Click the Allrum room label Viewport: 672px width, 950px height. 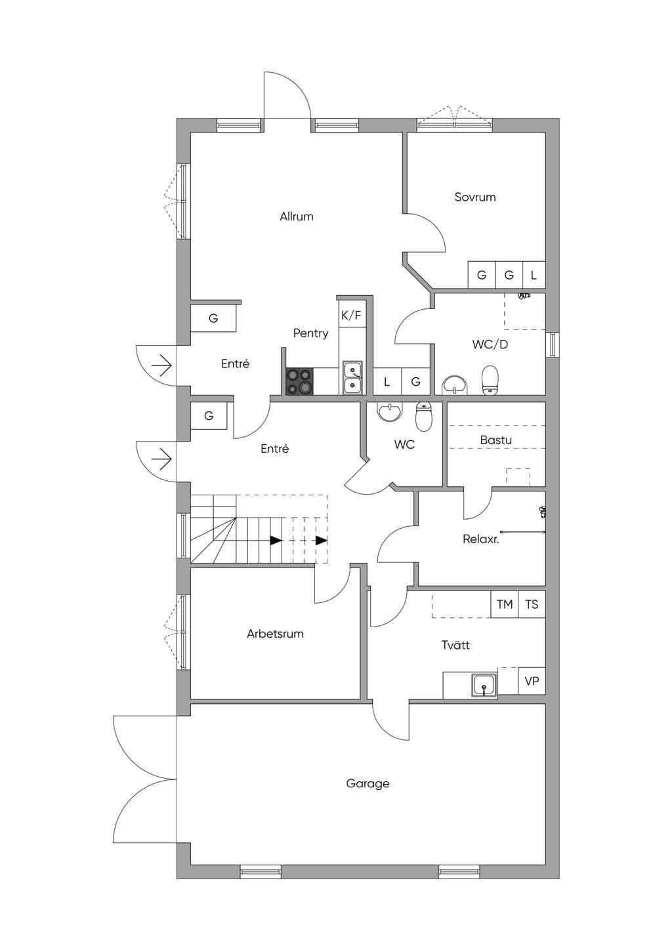click(297, 217)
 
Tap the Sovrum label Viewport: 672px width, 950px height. click(475, 197)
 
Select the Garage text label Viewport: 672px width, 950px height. click(367, 784)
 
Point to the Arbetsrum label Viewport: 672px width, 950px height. click(276, 634)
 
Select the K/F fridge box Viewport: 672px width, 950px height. click(352, 314)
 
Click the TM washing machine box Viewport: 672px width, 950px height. click(505, 604)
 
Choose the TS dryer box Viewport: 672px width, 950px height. click(532, 604)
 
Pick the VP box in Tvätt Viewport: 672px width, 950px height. click(532, 681)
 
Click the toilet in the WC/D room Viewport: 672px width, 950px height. click(490, 381)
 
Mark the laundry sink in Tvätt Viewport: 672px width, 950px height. click(484, 684)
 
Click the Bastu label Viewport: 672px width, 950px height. click(496, 440)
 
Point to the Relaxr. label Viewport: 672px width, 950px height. click(480, 539)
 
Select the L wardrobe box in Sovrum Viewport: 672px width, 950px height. click(534, 276)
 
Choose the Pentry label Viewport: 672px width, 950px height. click(311, 333)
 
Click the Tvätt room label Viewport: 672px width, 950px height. click(455, 645)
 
